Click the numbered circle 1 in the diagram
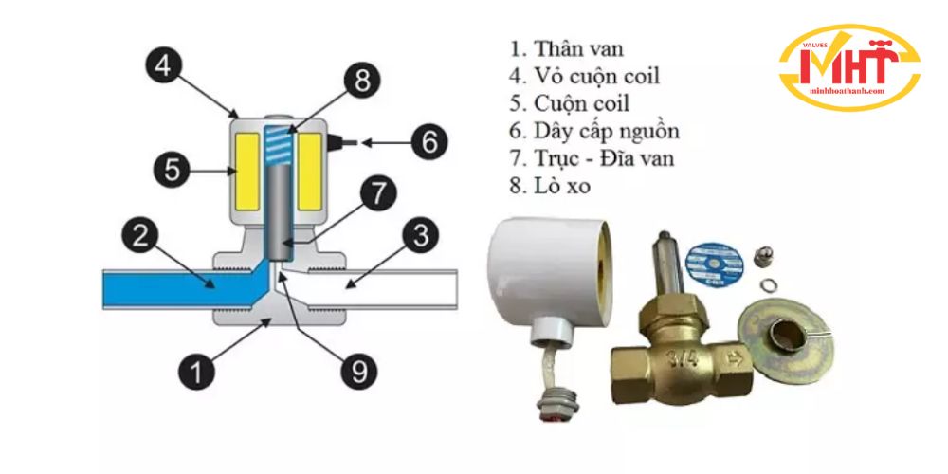tap(196, 372)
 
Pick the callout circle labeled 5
tap(171, 172)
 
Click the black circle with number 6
tap(428, 143)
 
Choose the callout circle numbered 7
tap(377, 195)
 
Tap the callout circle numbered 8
tap(361, 81)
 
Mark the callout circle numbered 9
tap(358, 372)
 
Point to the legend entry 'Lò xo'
tap(549, 186)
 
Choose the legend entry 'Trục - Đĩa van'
tap(591, 158)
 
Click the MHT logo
tap(848, 68)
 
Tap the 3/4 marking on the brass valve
tap(679, 358)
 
